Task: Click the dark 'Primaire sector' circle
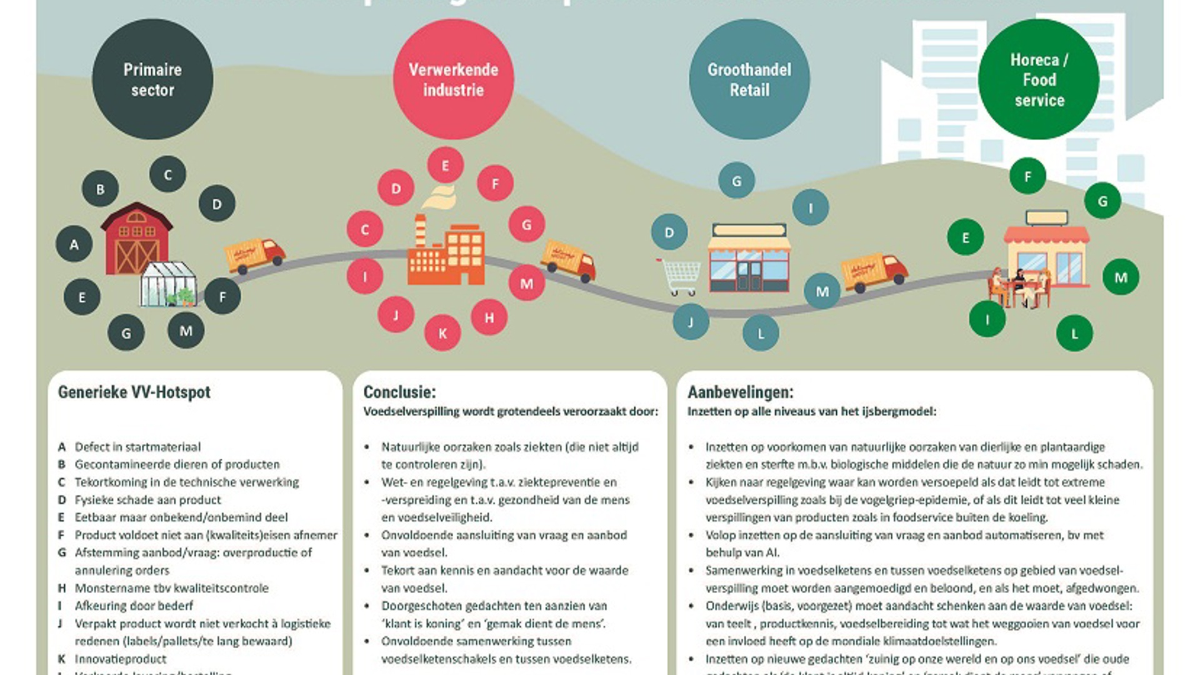152,79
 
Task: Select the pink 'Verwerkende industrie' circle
453,79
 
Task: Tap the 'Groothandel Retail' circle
749,79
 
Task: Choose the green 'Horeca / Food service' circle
1039,79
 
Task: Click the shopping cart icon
680,276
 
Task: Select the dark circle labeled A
74,244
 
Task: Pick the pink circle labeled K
442,333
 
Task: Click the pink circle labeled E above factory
446,166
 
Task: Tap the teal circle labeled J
691,322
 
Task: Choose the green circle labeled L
1074,334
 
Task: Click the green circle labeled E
966,237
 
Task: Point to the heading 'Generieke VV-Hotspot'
134,392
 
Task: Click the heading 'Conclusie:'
399,392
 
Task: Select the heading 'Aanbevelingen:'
741,392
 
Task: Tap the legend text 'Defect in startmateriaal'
137,447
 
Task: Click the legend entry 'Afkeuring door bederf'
134,606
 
